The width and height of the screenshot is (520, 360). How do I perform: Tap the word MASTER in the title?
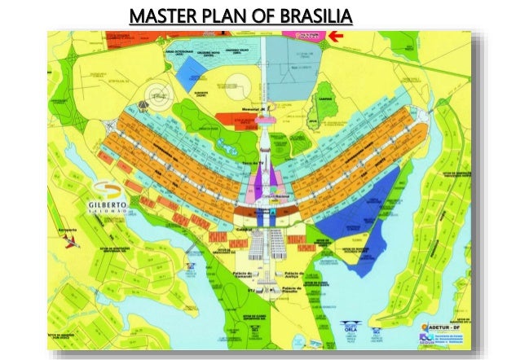pyautogui.click(x=160, y=15)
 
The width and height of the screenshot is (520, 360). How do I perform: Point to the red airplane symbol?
pyautogui.click(x=72, y=244)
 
